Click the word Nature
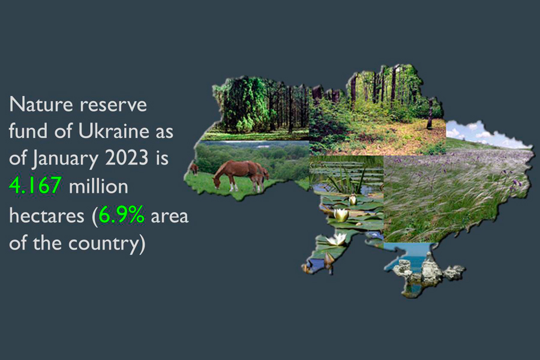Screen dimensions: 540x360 point(41,104)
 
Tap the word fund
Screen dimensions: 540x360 point(28,131)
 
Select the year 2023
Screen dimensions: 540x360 point(127,158)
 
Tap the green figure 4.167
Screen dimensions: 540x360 point(35,185)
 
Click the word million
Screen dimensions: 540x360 point(98,186)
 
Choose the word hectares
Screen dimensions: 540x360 point(46,216)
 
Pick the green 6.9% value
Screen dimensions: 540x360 point(121,215)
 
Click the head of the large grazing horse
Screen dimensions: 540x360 point(217,182)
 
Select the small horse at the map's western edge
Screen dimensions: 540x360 point(194,169)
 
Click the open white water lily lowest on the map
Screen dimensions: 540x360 point(336,239)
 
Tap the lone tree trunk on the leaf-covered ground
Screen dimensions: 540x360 point(430,114)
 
